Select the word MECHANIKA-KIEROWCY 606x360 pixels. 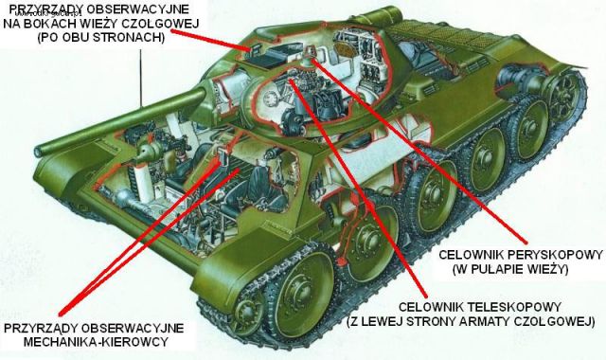97,342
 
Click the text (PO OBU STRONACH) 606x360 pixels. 101,38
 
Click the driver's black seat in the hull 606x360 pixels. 264,187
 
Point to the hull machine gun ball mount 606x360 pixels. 146,150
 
